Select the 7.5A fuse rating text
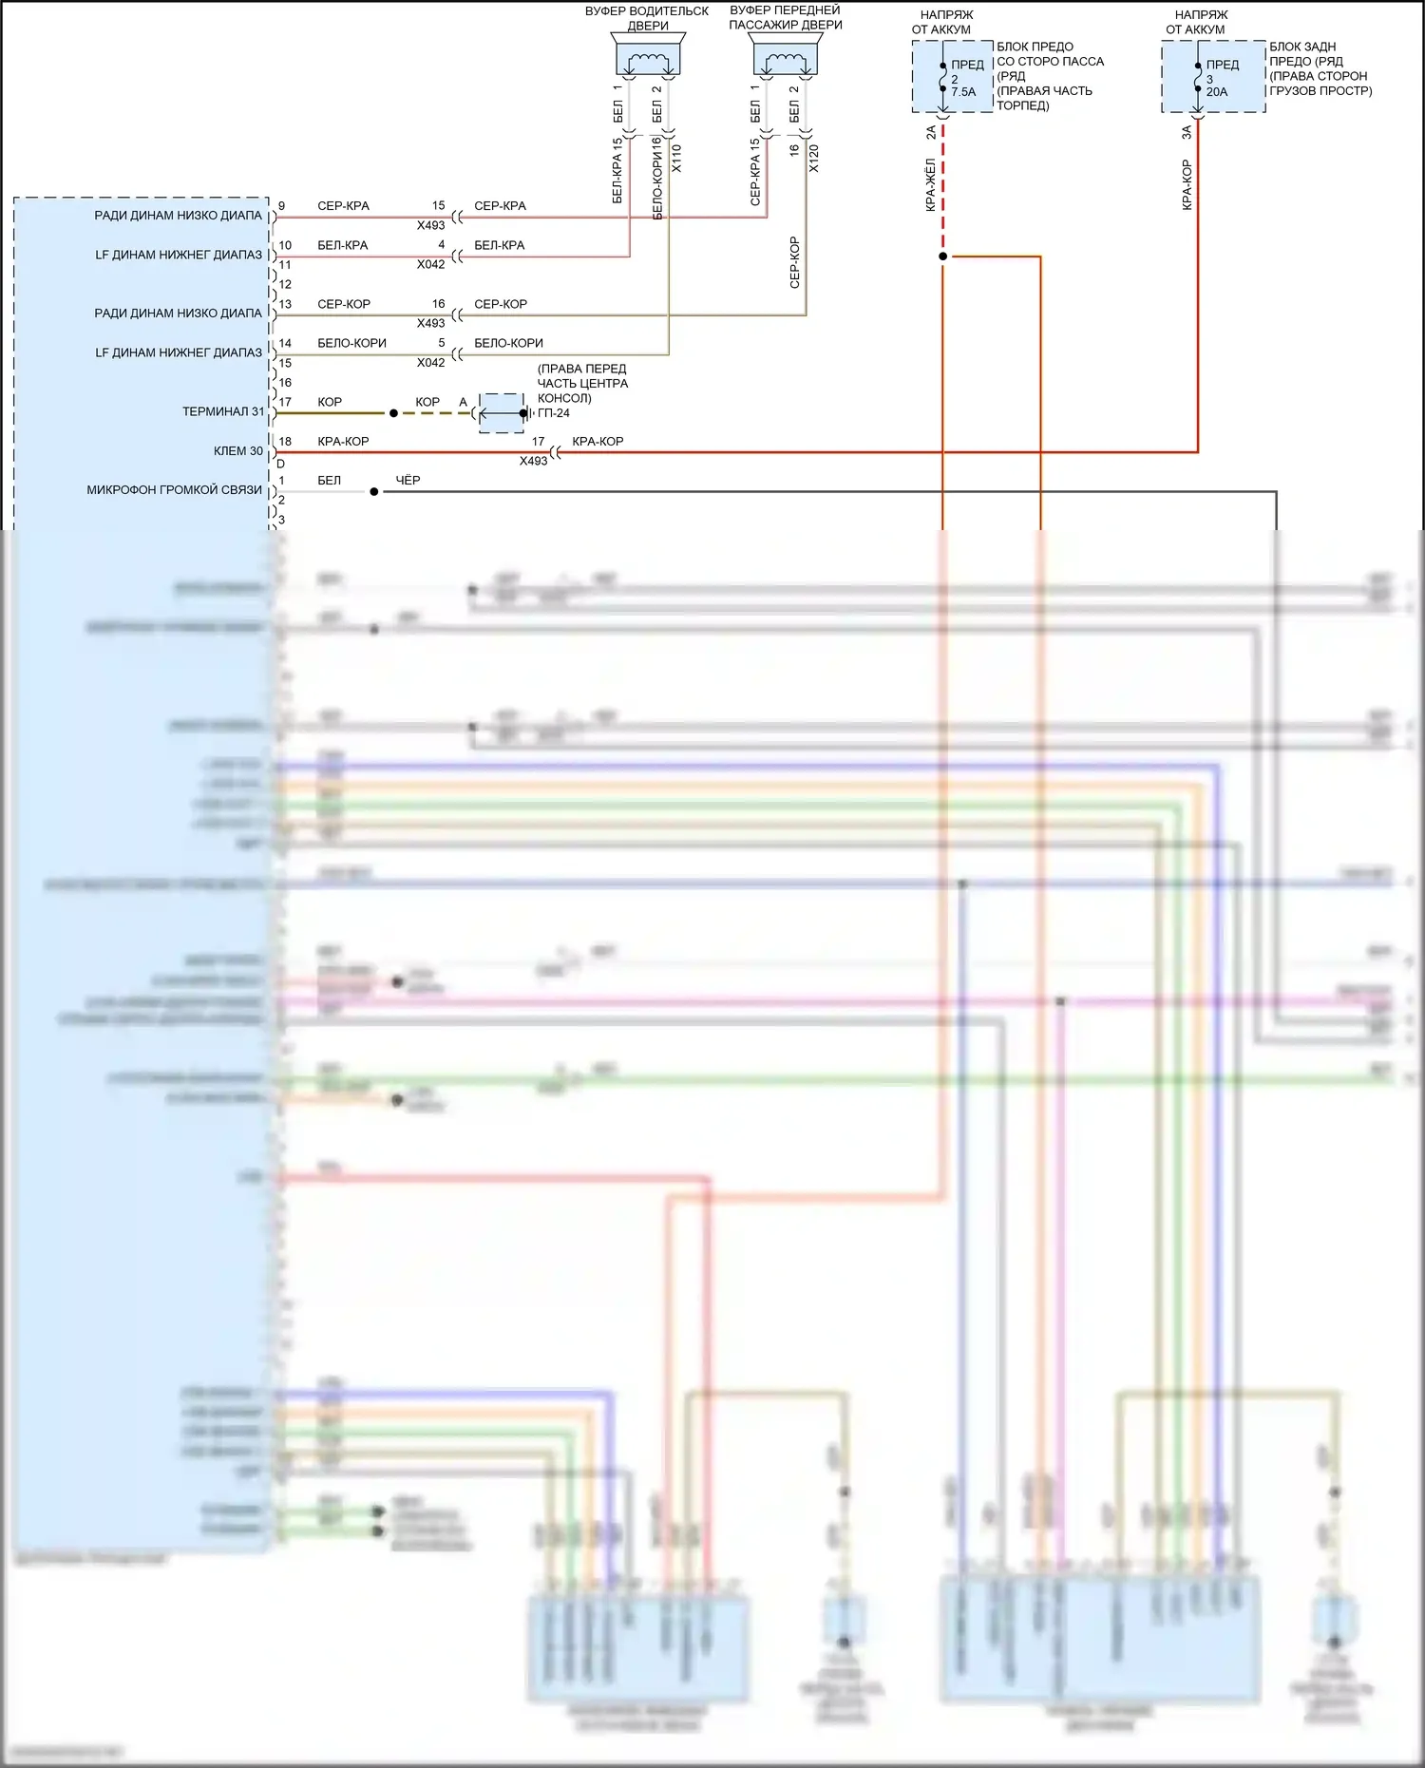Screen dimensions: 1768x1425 point(963,92)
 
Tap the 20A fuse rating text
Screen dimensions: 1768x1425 point(1217,92)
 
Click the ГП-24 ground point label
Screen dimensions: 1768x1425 point(554,413)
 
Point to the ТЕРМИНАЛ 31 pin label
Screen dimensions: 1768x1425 point(223,411)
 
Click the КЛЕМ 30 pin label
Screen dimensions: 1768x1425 point(237,451)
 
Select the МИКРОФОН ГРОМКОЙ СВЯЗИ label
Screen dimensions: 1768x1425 point(174,490)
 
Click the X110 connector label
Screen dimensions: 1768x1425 point(676,158)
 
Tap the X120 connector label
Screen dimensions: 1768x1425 point(813,158)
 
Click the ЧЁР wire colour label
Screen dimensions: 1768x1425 point(408,481)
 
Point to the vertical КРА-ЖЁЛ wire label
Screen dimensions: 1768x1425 point(931,185)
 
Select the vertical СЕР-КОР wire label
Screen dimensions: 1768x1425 point(794,262)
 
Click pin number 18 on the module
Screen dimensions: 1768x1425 point(285,442)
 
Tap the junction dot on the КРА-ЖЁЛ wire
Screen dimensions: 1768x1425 point(942,257)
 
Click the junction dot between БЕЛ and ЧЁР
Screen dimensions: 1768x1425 point(374,492)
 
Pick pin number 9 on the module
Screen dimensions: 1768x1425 point(281,206)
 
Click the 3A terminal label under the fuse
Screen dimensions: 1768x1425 point(1187,133)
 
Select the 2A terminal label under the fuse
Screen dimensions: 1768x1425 point(931,133)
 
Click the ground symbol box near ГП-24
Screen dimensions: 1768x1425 point(501,413)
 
